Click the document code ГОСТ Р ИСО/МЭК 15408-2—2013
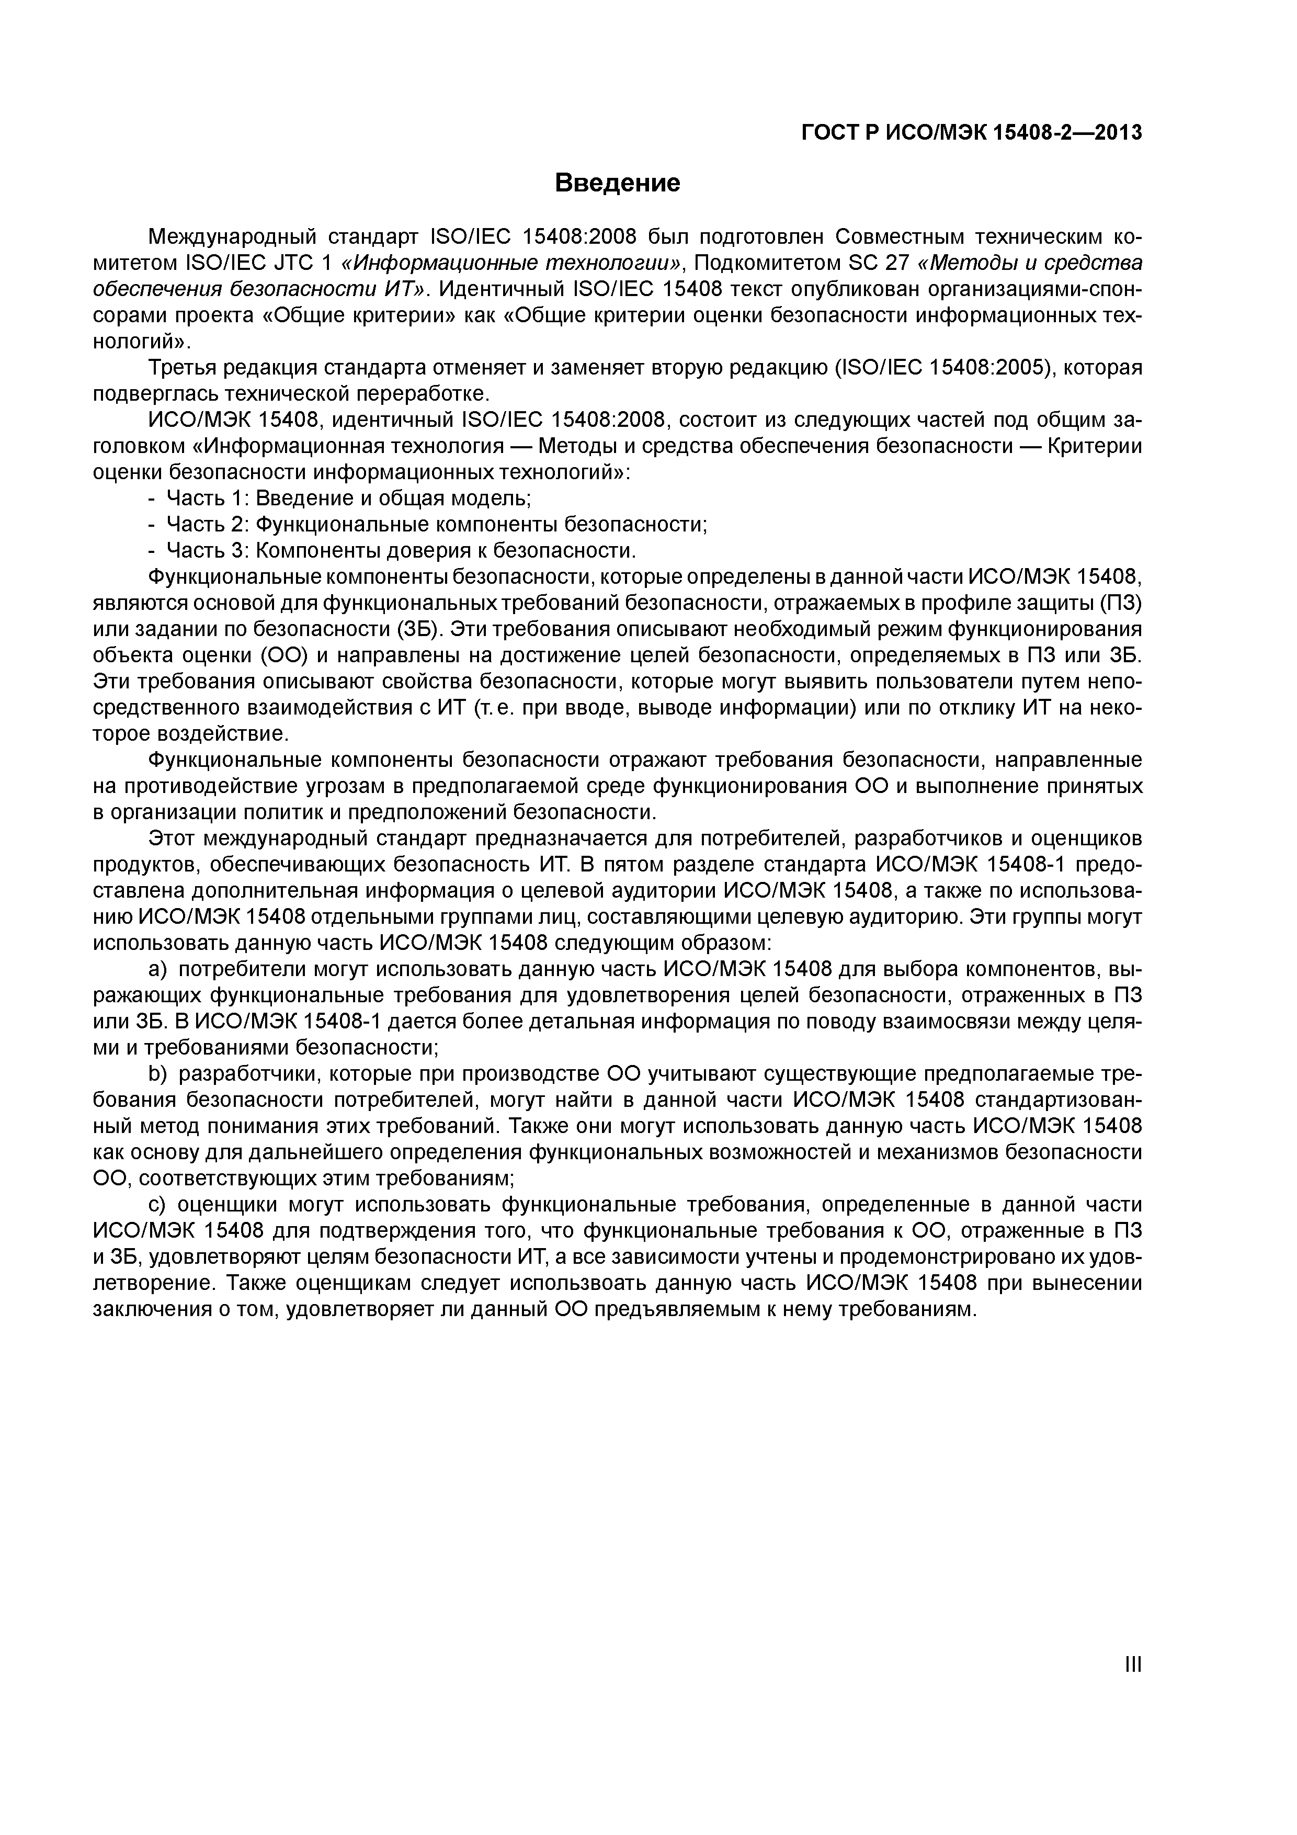pos(971,133)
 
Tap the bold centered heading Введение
pos(617,183)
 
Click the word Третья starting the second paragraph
pos(182,368)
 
